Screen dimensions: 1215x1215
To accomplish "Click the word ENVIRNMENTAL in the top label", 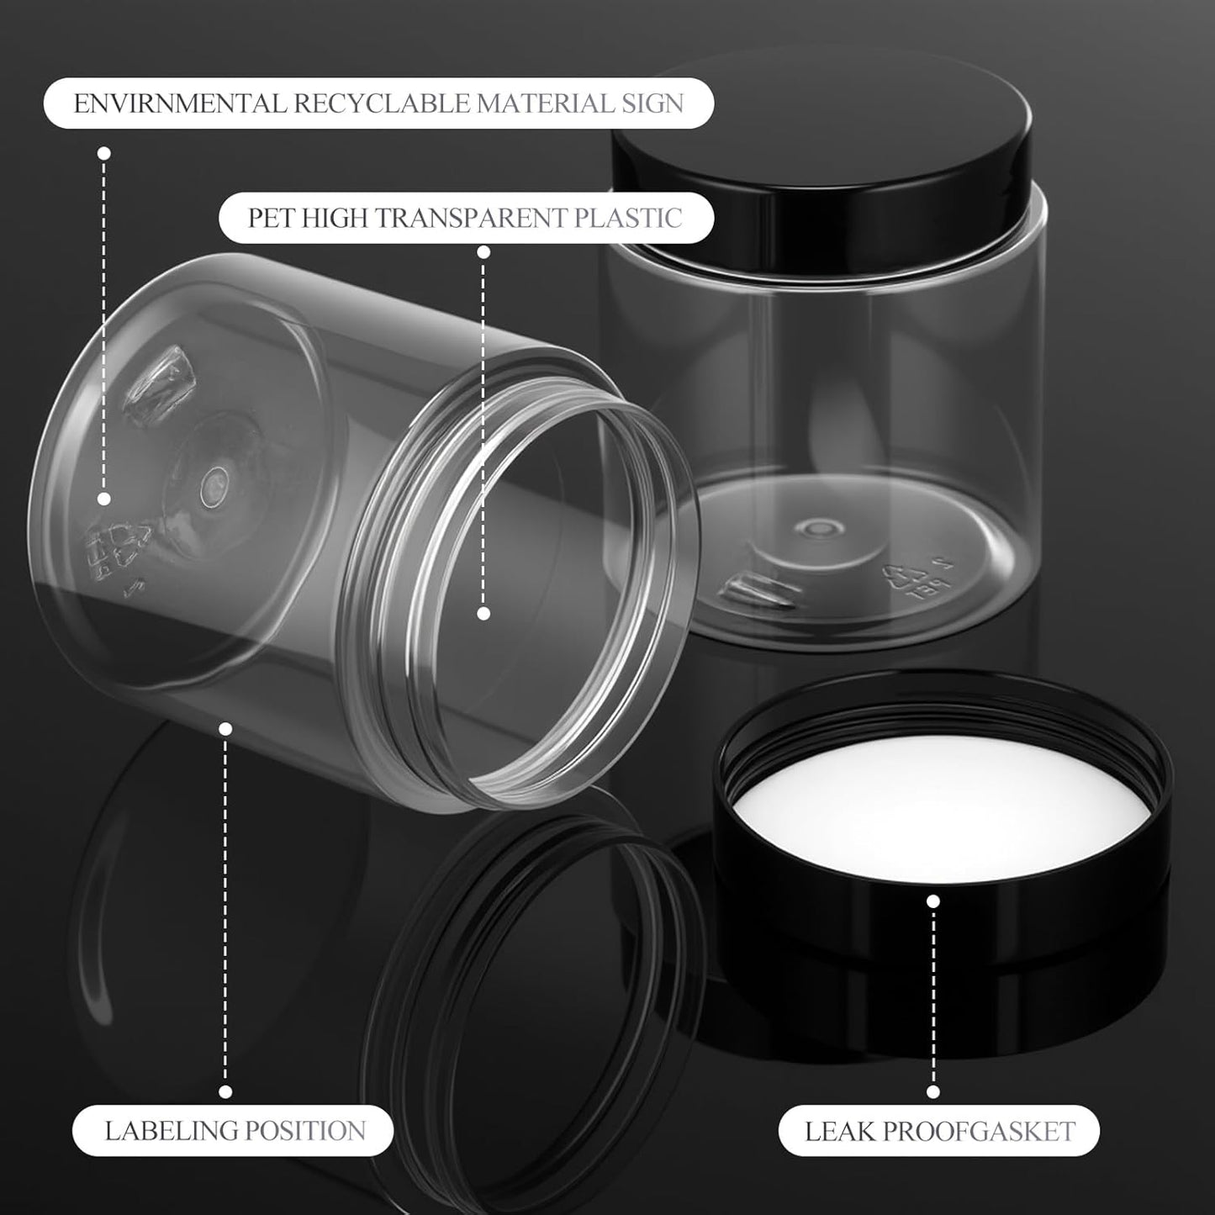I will tap(179, 104).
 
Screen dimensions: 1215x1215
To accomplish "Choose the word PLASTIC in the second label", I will tap(628, 219).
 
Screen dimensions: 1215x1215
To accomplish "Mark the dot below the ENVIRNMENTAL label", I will tap(104, 153).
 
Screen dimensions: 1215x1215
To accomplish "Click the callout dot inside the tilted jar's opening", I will tap(483, 614).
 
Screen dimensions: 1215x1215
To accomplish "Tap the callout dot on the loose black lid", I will tap(932, 902).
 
